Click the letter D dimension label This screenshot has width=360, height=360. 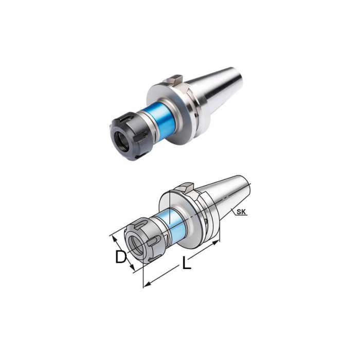[x=120, y=257]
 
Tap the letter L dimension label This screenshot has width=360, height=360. [x=186, y=264]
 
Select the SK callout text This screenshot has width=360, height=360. [x=242, y=211]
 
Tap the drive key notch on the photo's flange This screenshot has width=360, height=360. [x=174, y=80]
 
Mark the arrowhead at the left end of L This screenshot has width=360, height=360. [x=146, y=283]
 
